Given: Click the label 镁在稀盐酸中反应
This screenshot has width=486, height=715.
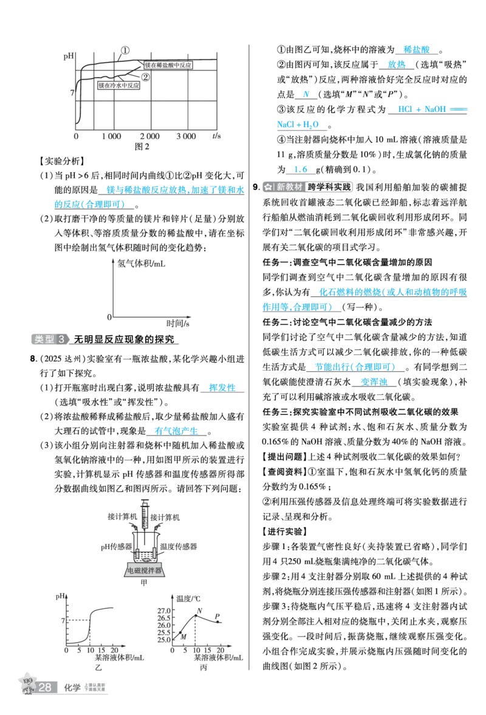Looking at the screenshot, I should (168, 65).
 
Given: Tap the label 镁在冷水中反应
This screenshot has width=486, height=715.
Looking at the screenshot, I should (119, 86).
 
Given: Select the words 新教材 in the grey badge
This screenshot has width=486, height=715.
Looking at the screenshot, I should (289, 187).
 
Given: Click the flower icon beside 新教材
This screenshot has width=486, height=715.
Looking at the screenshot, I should (268, 187).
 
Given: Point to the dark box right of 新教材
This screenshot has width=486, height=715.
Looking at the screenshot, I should (329, 187).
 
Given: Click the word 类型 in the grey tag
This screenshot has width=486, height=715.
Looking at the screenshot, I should (44, 339).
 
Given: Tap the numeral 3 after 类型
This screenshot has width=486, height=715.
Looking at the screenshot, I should (62, 339).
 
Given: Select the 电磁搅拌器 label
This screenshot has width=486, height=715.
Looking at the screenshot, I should (145, 570).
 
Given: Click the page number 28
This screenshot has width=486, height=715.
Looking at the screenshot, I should (44, 688).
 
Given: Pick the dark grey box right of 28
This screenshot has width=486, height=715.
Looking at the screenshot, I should (72, 688).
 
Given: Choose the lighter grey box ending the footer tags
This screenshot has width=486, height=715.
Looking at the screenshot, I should (95, 688).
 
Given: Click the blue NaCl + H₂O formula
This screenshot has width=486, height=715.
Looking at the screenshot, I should (298, 124).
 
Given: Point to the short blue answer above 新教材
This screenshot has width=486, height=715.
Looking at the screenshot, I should (301, 169).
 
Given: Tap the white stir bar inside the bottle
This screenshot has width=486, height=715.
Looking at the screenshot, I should (145, 554).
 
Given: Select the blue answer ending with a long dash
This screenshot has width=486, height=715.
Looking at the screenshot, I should (433, 109).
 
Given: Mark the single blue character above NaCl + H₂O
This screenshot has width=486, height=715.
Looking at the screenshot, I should (306, 93).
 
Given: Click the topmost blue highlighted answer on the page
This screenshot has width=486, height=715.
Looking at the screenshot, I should (417, 49).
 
